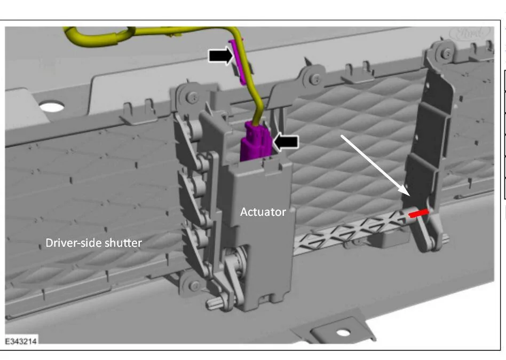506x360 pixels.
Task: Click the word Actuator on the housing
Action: pyautogui.click(x=263, y=212)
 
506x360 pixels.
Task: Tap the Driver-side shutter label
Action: pyautogui.click(x=93, y=243)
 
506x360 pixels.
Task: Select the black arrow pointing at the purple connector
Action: pyautogui.click(x=286, y=142)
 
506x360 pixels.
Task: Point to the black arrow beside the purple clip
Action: pyautogui.click(x=221, y=54)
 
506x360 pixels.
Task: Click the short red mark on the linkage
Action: pyautogui.click(x=418, y=213)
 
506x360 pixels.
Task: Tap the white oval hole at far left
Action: pyautogui.click(x=52, y=107)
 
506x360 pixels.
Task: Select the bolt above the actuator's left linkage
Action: pyautogui.click(x=193, y=97)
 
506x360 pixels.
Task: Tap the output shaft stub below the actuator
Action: pyautogui.click(x=215, y=303)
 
